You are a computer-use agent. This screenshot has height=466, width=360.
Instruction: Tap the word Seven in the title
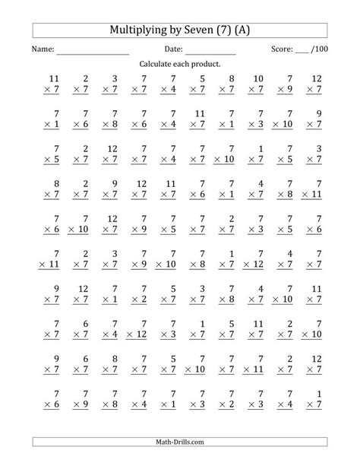pos(202,30)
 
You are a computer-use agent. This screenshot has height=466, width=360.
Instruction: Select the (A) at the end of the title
pos(250,30)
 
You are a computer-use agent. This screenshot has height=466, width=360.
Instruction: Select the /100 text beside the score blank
pos(319,49)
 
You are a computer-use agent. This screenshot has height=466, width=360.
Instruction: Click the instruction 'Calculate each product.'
pos(180,65)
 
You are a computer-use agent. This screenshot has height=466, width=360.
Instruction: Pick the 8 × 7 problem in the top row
pos(227,84)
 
